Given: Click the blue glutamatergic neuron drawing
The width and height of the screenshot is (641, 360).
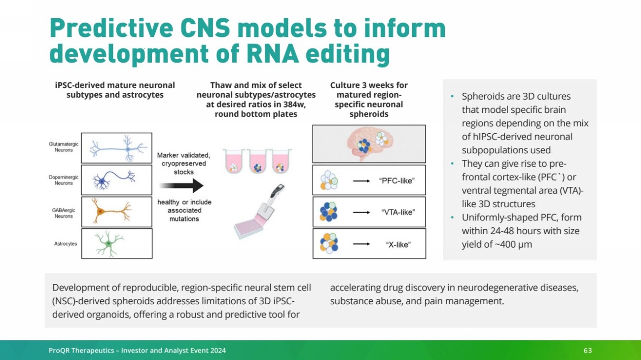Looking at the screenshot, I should (118, 147).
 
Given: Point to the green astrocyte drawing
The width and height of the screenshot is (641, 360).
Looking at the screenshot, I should (110, 244).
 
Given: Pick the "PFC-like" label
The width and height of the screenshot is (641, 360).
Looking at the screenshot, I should (397, 181).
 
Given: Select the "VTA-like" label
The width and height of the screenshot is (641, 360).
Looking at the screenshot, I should (398, 213).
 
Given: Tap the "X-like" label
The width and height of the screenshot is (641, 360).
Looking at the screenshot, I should (398, 244).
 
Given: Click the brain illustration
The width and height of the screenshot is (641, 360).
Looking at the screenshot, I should (369, 143).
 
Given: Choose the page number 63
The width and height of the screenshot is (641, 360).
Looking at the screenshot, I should (587, 350).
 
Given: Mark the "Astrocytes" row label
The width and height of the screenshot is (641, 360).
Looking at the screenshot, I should (66, 244).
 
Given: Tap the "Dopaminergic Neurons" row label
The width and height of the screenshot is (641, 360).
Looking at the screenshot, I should (61, 180).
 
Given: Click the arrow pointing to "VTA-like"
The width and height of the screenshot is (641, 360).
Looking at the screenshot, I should (362, 213).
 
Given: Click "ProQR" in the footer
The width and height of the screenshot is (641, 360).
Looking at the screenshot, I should (60, 350).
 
